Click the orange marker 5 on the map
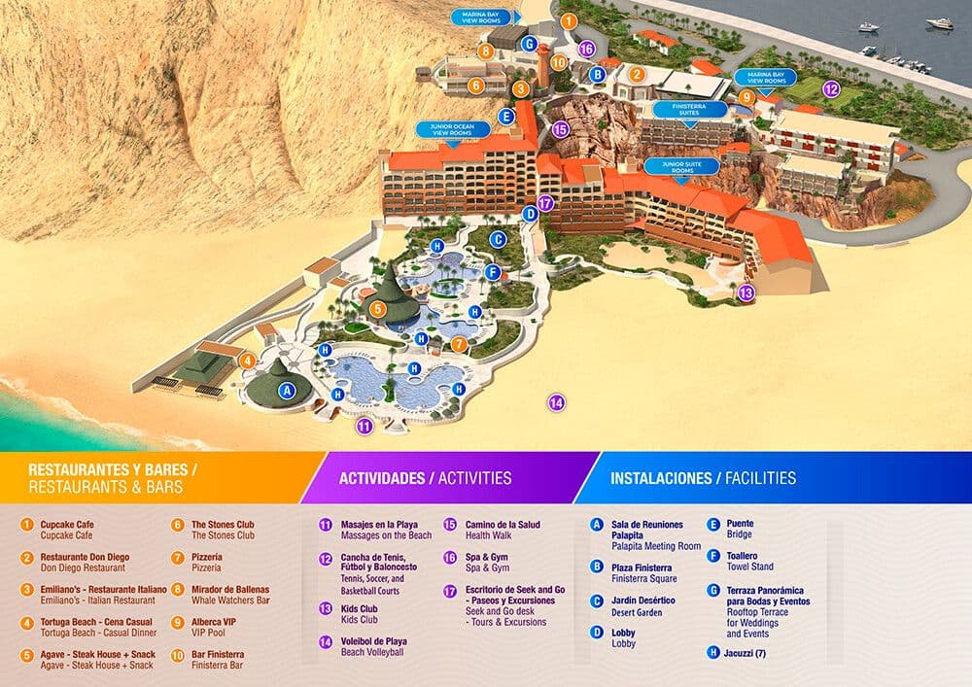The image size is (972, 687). click(379, 309)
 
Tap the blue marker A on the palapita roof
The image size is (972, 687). click(286, 391)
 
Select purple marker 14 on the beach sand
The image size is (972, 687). click(557, 401)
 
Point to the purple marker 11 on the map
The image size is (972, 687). click(364, 426)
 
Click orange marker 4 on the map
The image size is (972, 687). click(248, 361)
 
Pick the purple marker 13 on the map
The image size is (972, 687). click(746, 292)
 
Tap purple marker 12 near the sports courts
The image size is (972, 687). click(830, 88)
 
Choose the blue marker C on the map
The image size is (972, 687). click(498, 239)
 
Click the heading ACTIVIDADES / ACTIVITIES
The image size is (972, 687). click(425, 478)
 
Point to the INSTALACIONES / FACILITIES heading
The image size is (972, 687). click(703, 478)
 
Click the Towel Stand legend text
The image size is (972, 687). click(750, 566)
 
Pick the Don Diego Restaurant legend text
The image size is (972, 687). click(83, 567)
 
